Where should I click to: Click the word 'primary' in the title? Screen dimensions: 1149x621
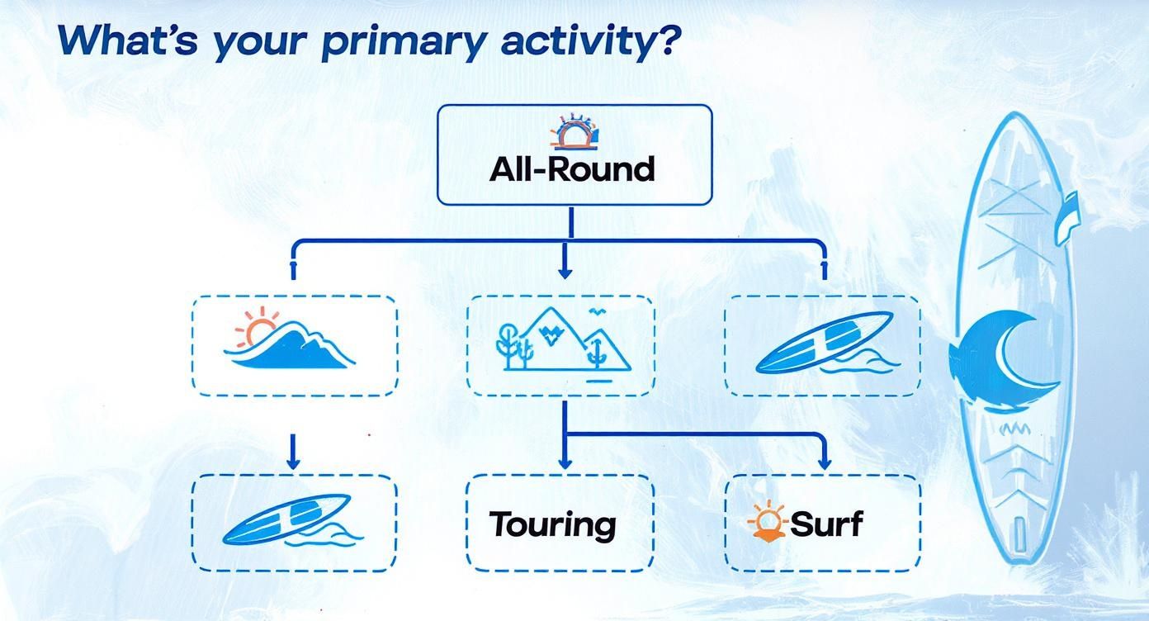pos(403,41)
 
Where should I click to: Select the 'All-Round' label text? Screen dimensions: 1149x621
pos(572,168)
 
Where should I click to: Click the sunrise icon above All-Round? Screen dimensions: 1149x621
pos(574,132)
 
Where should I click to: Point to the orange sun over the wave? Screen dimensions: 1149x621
pos(258,326)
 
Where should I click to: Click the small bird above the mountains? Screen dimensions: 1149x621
pos(596,311)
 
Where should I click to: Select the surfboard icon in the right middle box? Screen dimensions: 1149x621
pos(825,343)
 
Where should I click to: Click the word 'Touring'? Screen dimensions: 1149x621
pos(552,525)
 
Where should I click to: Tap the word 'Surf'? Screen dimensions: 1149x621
pos(826,524)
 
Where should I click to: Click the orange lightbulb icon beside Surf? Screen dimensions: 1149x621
pos(767,521)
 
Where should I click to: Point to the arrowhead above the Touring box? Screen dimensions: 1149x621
pos(565,462)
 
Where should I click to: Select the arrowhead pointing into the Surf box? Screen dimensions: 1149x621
pos(825,462)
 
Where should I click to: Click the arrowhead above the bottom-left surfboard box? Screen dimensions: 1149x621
pos(293,462)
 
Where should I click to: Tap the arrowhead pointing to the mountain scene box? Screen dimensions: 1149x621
pos(565,273)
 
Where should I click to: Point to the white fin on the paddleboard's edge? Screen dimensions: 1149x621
pos(1067,218)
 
